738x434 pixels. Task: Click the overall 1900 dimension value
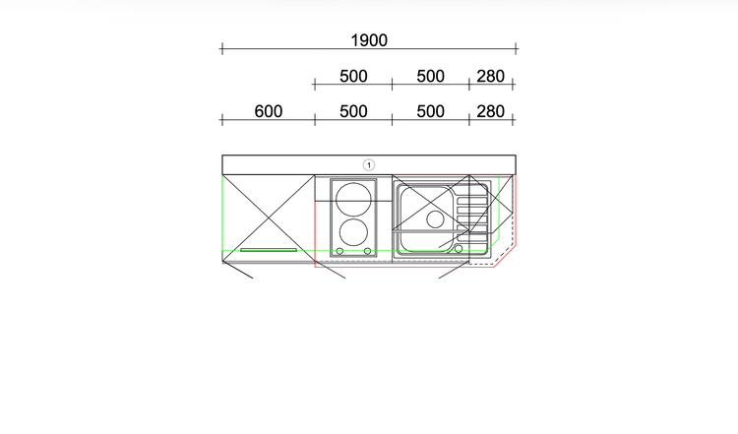point(369,40)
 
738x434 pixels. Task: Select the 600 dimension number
point(269,111)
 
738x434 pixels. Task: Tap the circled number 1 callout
point(369,165)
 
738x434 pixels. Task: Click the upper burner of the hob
point(353,200)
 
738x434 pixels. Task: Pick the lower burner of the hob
point(353,232)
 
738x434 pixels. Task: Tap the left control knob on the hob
point(339,251)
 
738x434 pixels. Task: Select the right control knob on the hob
point(368,251)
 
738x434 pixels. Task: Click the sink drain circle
point(435,219)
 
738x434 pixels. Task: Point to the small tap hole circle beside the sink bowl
point(459,249)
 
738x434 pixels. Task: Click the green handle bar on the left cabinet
point(269,250)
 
